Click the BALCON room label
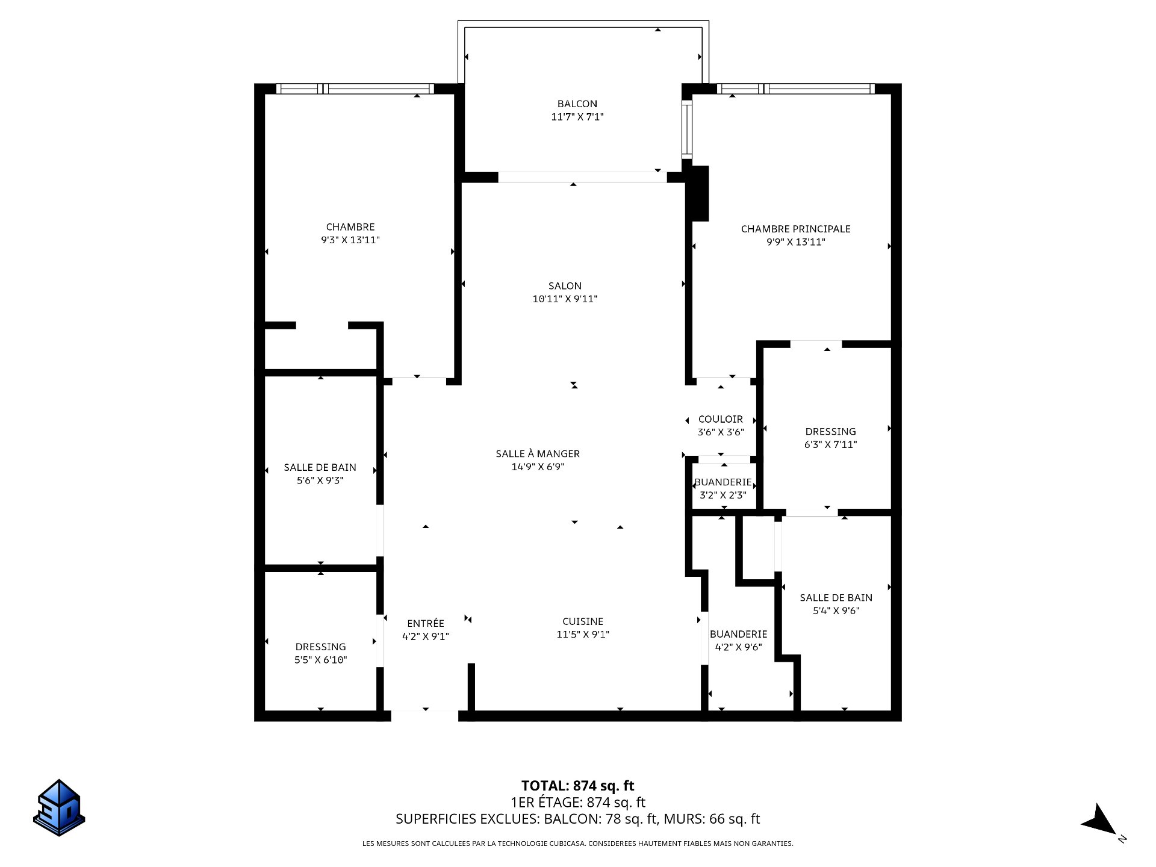tap(577, 104)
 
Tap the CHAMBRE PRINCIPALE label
tap(795, 229)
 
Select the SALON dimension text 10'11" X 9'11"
tap(565, 299)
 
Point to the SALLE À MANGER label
tap(538, 453)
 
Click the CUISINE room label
tap(583, 621)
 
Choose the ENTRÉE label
tap(426, 623)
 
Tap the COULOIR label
tap(721, 419)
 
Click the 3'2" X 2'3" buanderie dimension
tap(723, 496)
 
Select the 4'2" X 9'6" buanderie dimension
tap(739, 647)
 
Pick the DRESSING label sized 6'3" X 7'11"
tap(830, 431)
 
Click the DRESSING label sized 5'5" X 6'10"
tap(320, 647)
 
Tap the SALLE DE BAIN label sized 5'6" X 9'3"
tap(320, 467)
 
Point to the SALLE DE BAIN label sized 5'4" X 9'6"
tap(836, 597)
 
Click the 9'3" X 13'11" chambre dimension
tap(350, 240)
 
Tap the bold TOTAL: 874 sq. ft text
tap(578, 786)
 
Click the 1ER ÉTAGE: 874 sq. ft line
tap(578, 803)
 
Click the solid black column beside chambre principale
tap(699, 193)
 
